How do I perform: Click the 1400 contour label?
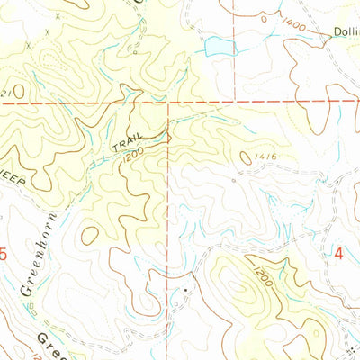[293, 29]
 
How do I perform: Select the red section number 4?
[339, 255]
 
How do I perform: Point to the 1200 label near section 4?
[262, 269]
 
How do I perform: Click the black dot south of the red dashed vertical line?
[184, 291]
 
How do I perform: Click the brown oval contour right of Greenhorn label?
[89, 235]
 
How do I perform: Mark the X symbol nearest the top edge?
[58, 16]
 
